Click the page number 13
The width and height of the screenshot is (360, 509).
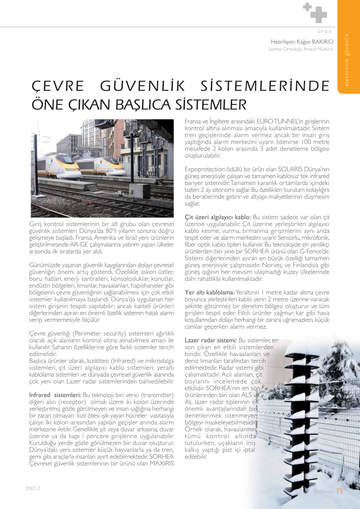point(339,491)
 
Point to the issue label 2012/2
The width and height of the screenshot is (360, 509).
point(33,488)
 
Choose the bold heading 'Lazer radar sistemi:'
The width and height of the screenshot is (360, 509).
point(211,340)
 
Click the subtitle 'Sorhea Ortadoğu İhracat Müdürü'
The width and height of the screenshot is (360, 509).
point(301,49)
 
